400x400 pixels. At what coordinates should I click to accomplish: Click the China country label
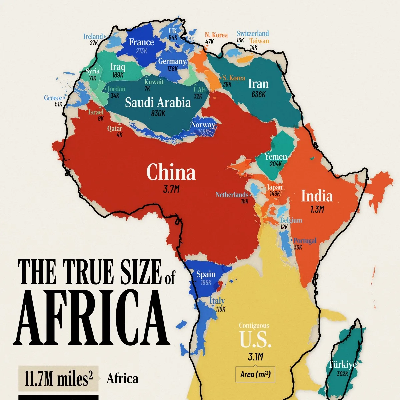(x=171, y=172)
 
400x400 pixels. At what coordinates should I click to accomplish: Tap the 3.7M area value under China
(x=171, y=190)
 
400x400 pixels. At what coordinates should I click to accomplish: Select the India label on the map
(x=317, y=196)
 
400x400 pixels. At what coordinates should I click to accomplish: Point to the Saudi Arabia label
(x=158, y=102)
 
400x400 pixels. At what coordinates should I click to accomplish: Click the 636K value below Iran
(x=258, y=94)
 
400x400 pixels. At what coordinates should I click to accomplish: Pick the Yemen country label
(x=276, y=157)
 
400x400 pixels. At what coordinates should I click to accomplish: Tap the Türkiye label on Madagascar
(x=342, y=364)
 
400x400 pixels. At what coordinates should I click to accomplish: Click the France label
(x=141, y=42)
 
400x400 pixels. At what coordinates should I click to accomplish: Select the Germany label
(x=172, y=61)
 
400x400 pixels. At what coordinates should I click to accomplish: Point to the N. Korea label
(x=216, y=35)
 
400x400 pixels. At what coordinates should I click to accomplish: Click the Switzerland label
(x=252, y=33)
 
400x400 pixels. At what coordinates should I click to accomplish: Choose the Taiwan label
(x=259, y=41)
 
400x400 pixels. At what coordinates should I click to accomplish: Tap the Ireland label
(x=93, y=36)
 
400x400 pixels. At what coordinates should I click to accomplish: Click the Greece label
(x=53, y=98)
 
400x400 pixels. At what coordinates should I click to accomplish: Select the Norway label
(x=203, y=125)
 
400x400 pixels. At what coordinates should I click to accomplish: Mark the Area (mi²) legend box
(x=255, y=374)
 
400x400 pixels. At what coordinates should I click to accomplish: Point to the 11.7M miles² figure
(x=58, y=379)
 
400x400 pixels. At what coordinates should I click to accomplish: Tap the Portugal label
(x=305, y=240)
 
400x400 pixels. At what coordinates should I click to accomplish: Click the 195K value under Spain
(x=206, y=283)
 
